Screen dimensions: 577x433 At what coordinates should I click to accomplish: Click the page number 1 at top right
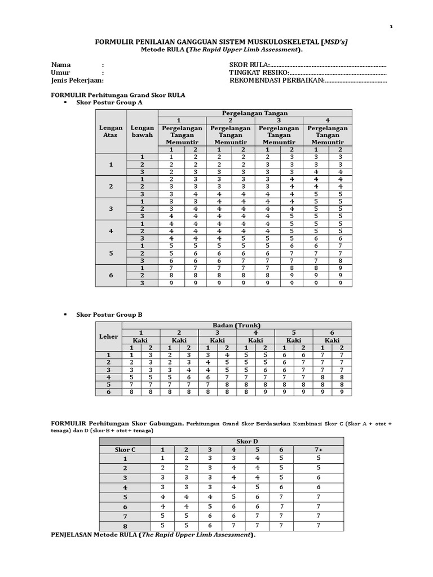coord(391,26)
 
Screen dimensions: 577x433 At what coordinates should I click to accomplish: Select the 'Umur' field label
coord(61,73)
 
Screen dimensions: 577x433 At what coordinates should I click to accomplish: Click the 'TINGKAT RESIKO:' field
coord(259,73)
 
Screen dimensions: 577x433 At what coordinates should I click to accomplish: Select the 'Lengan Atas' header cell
coord(111,132)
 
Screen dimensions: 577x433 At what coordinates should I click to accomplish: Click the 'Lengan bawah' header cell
coord(142,132)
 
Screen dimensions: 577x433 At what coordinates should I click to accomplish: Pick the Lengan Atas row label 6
coord(111,275)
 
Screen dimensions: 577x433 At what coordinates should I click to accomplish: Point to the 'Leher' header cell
coord(108,336)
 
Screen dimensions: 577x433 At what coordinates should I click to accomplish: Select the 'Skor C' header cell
coord(125,450)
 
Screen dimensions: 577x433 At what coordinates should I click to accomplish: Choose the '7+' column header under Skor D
coord(319,450)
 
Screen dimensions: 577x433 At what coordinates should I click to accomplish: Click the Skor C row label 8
coord(125,526)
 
